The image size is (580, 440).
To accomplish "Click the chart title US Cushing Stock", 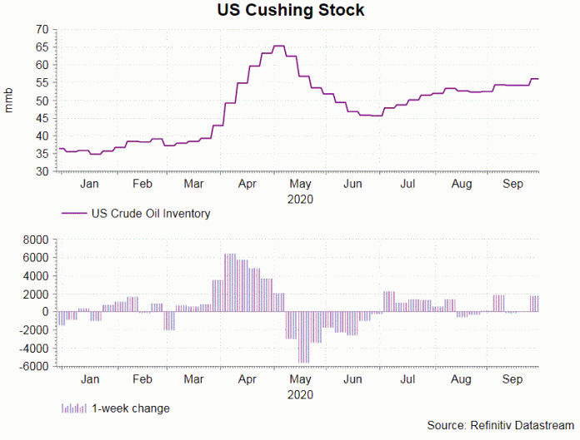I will (290, 11).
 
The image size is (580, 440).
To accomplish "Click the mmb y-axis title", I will (9, 100).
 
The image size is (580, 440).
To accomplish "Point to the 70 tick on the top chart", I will (41, 29).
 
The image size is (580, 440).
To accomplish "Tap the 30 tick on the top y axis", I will (41, 172).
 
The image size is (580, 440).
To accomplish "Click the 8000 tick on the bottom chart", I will (36, 240).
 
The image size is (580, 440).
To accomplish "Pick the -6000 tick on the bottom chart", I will (34, 366).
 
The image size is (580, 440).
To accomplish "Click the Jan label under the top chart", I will (90, 185).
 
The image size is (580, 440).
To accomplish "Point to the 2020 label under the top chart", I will (300, 200).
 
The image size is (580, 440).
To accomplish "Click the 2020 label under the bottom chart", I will (300, 394).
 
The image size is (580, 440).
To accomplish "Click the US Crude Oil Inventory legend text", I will (151, 214).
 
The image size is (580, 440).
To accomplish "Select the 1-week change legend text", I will (130, 408).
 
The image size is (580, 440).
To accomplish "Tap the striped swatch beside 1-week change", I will (73, 408).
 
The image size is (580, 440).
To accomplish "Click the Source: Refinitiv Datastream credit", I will (500, 426).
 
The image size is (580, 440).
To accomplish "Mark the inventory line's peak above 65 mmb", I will (279, 46).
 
